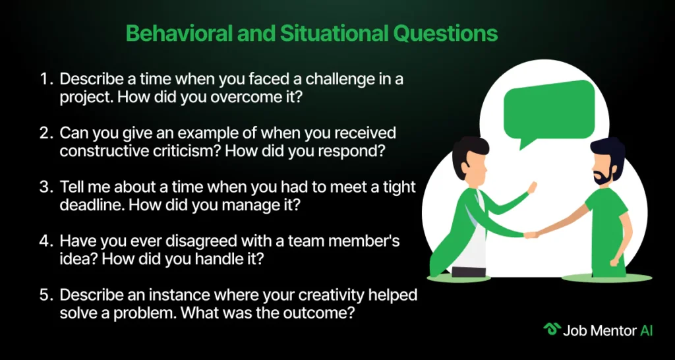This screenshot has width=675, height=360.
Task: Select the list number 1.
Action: tap(45, 80)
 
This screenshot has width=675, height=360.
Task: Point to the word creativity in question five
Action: tap(305, 295)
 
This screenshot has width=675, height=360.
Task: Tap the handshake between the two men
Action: tap(531, 235)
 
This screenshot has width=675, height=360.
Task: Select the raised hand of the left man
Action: tap(532, 188)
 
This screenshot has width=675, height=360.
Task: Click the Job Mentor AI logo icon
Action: tap(551, 329)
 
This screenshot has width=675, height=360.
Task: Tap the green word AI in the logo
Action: tap(647, 330)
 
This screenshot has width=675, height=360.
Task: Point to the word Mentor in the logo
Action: tap(616, 330)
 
